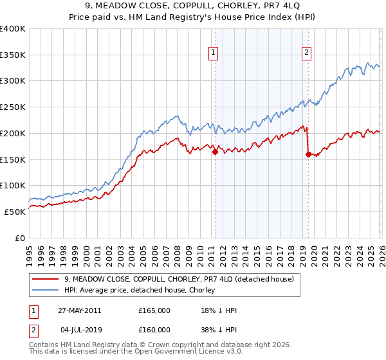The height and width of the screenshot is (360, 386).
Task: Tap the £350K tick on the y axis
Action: [13, 55]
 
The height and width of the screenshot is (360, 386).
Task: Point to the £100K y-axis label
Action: [13, 185]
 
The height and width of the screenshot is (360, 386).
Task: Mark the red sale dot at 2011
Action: [215, 152]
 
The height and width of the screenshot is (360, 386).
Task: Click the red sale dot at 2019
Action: [308, 154]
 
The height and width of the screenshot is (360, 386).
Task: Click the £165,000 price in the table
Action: [154, 310]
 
